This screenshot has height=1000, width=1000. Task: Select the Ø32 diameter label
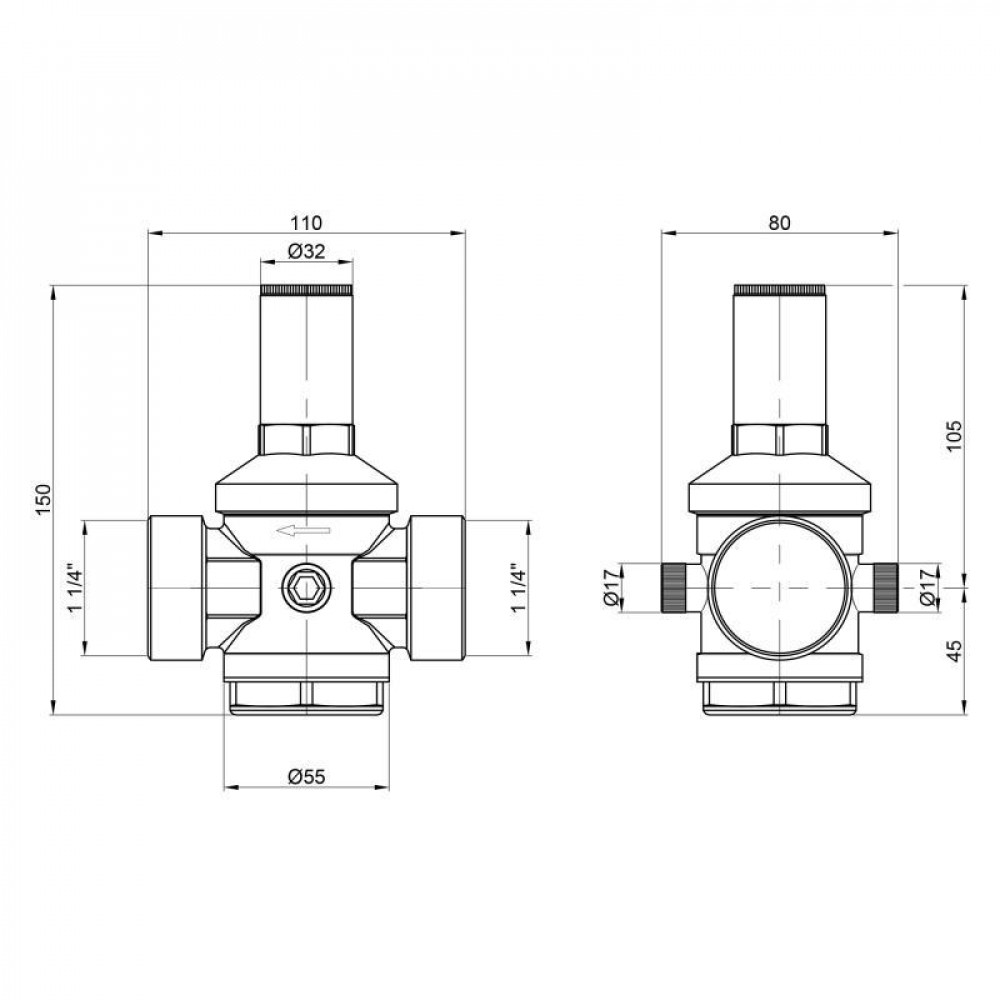(x=306, y=252)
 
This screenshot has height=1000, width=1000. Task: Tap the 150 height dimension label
(x=41, y=500)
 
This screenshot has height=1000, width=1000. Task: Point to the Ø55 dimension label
(x=306, y=775)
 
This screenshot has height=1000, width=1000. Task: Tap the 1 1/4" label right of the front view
(x=517, y=590)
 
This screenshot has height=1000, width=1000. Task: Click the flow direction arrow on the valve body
(x=304, y=531)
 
